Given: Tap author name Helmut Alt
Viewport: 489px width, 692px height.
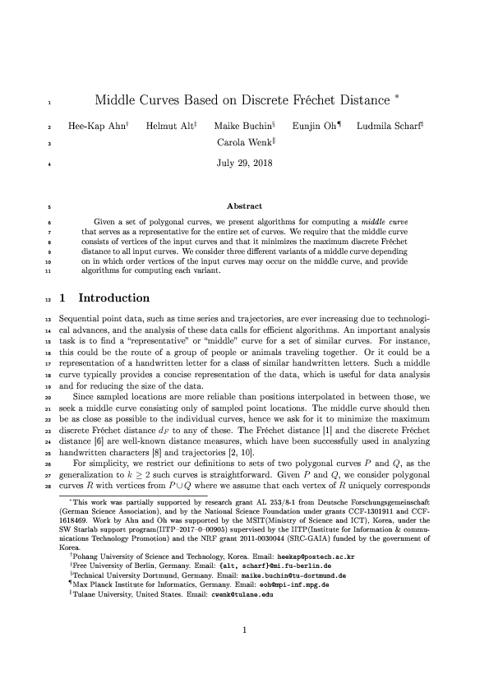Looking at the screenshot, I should pos(166,127).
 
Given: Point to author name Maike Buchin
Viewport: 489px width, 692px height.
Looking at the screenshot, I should pos(239,127).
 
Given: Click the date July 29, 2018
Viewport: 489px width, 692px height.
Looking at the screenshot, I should pos(244,162).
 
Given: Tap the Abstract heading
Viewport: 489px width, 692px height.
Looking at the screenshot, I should pos(244,206).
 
